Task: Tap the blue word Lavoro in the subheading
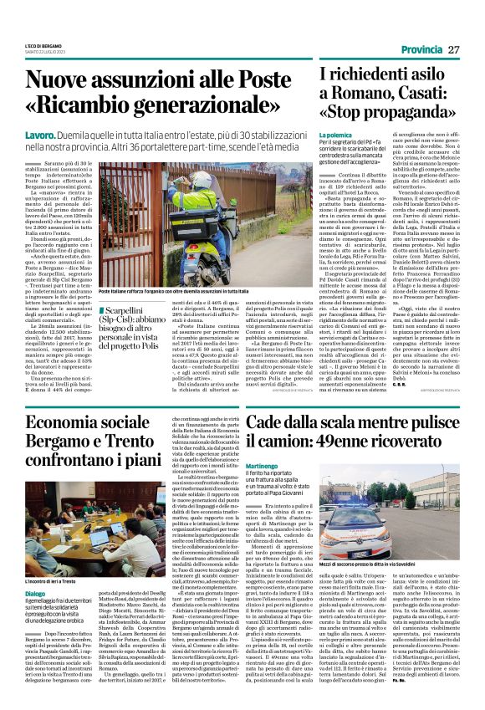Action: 41,134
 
